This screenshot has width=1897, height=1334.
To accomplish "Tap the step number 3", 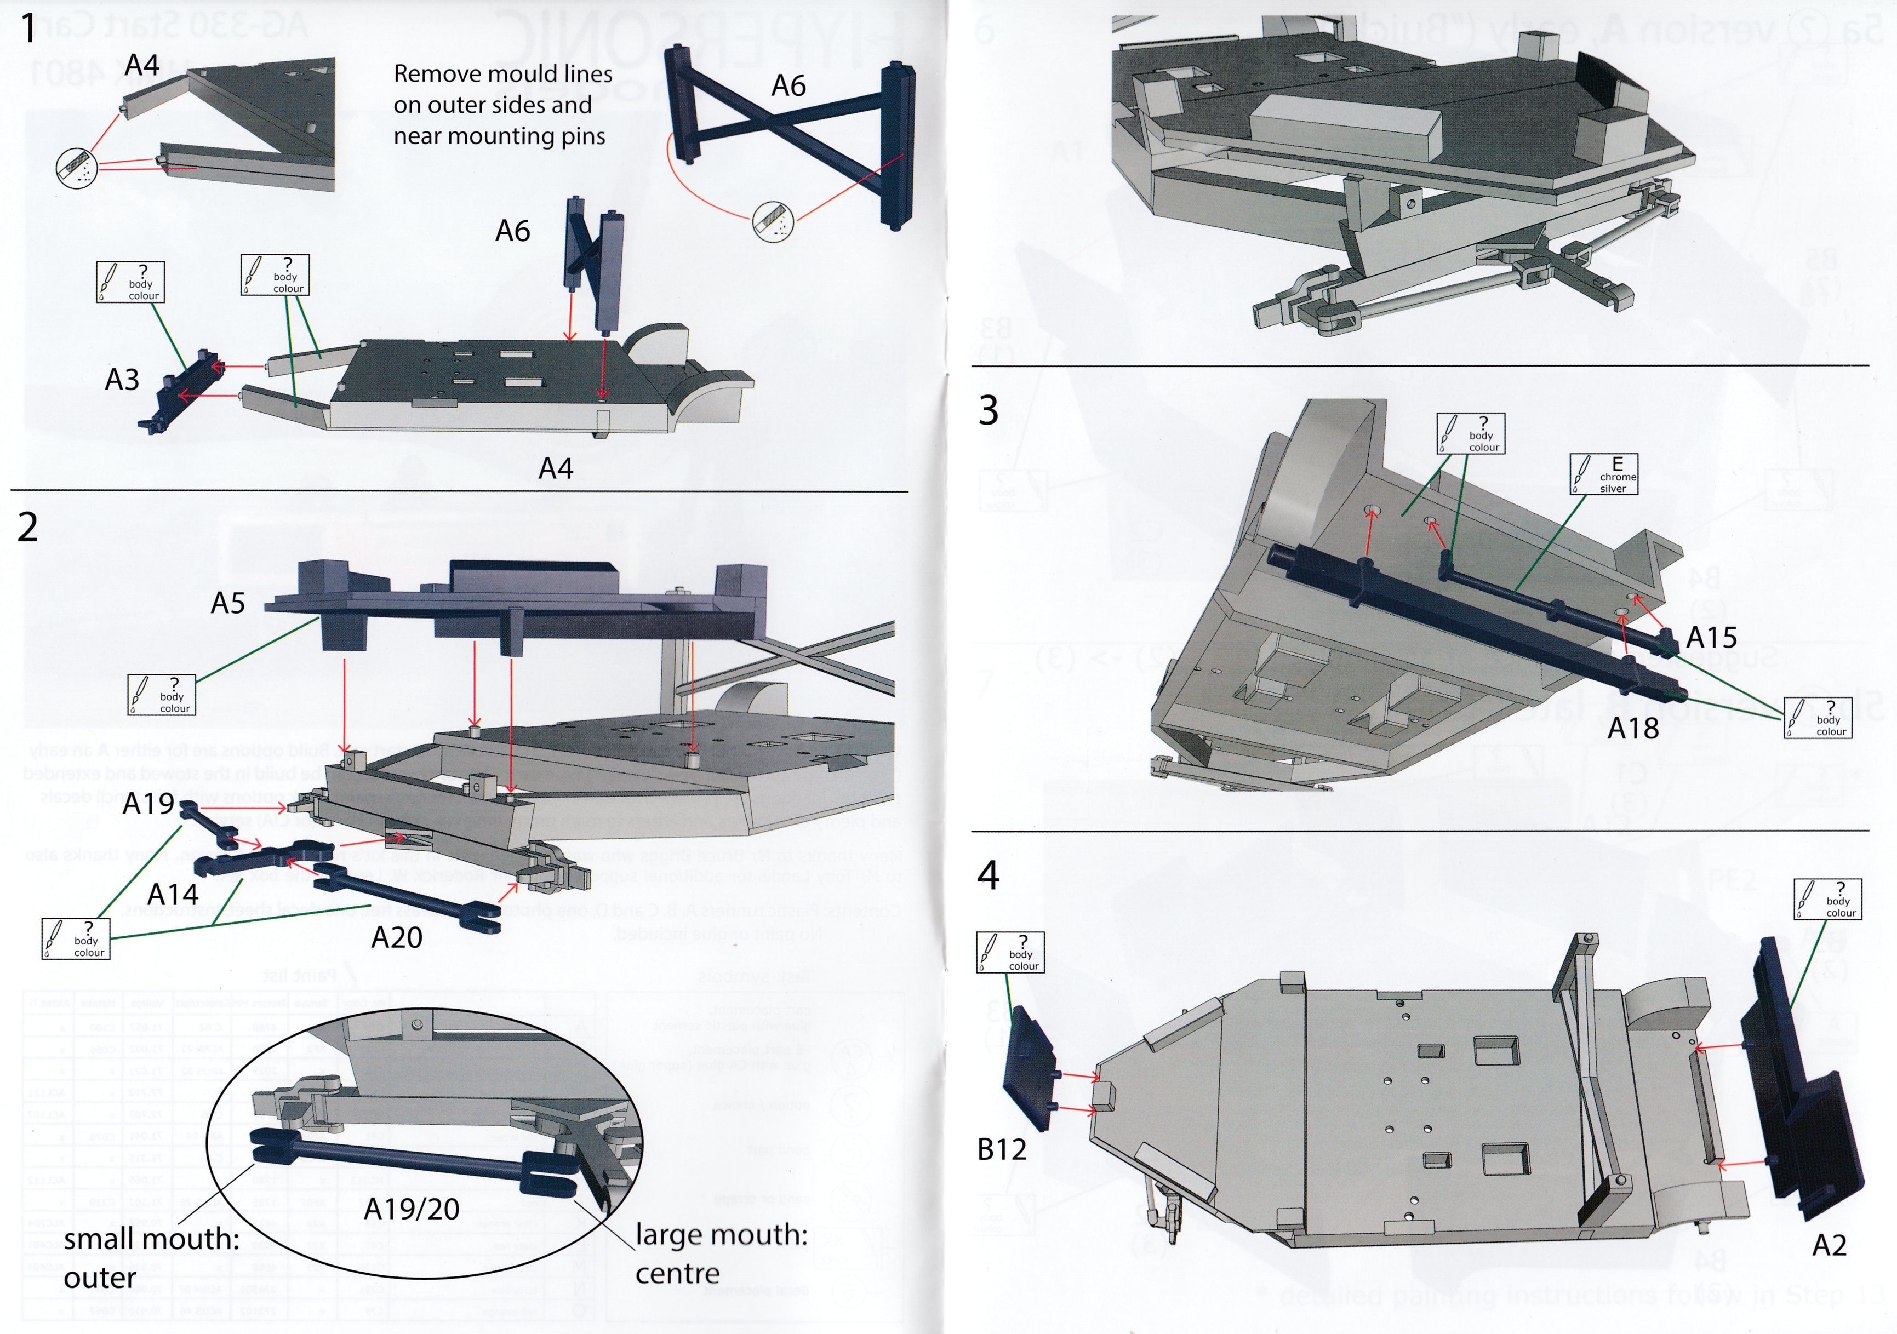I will (988, 410).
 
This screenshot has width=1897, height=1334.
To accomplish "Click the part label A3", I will (122, 380).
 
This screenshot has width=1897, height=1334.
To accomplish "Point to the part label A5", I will (228, 603).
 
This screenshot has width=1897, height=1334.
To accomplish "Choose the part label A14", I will (173, 894).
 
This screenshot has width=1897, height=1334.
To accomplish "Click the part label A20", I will (397, 937).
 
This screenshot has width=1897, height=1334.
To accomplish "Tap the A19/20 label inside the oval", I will (412, 1209).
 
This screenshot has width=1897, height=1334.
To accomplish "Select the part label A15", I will (1711, 638).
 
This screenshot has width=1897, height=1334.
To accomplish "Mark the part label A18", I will (1632, 729).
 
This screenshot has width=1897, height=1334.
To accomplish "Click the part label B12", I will (1002, 1149).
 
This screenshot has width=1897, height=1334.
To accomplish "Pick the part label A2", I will (1829, 1246).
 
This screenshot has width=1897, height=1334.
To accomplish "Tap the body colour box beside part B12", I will (1010, 952).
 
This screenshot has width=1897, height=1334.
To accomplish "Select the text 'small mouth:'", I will (151, 1239).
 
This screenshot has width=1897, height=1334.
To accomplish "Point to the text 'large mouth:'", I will (721, 1235).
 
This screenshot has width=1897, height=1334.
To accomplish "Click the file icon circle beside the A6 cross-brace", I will (773, 221).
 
